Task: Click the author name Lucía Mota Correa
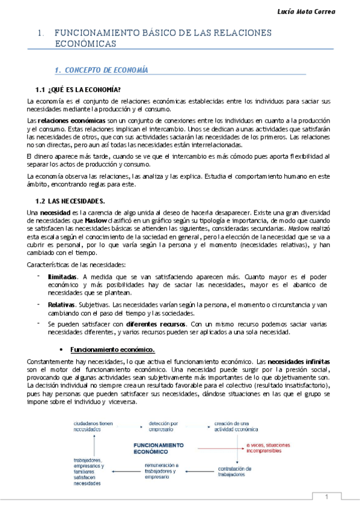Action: pos(321,11)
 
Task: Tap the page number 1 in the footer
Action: pos(326,497)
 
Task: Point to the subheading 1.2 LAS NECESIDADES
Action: pos(70,200)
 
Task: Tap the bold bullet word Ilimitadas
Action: pos(63,276)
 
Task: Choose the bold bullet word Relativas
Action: pos(61,305)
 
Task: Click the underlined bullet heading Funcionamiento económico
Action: pos(112,349)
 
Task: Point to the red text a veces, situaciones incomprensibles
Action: pos(265,448)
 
